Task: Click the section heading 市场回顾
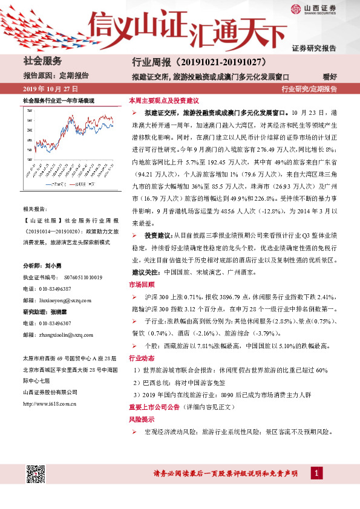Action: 142,284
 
